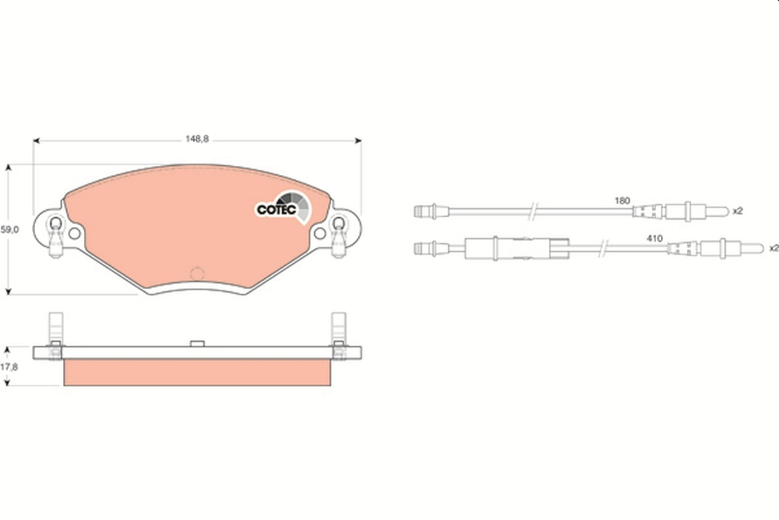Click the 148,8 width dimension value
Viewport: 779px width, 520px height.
pos(197,138)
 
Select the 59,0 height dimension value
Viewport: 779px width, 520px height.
pos(10,229)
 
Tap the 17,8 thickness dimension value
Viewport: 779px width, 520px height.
pos(10,367)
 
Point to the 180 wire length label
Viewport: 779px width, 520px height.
pos(622,201)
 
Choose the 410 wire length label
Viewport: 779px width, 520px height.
pos(654,239)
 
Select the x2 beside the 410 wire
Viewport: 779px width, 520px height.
pos(773,248)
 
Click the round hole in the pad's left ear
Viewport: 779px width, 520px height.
pos(74,233)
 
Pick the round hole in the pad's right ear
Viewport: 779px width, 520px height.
pos(319,233)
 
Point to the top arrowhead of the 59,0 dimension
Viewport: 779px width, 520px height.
pos(8,168)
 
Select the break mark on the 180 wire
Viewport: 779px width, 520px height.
pos(532,211)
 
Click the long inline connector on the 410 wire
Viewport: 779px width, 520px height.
pos(515,248)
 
